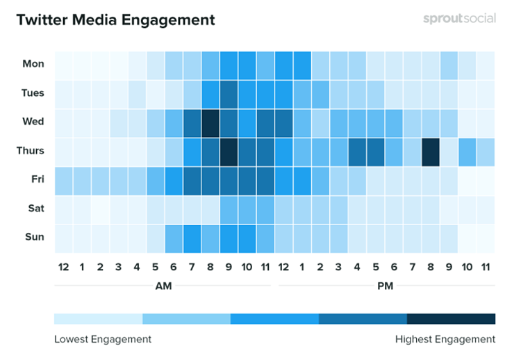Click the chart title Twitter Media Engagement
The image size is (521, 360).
coord(115,19)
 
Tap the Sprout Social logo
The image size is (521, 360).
coord(459,19)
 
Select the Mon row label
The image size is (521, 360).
coord(33,64)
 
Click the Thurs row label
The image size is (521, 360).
coord(31,151)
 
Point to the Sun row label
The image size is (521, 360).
coord(35,237)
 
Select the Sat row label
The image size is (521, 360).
coord(35,208)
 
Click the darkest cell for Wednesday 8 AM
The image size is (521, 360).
coord(210,122)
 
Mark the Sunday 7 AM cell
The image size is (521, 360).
coord(192,238)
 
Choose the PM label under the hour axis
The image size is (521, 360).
coord(386,285)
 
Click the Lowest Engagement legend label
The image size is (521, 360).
coord(102,339)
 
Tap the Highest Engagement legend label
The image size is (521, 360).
coord(445,339)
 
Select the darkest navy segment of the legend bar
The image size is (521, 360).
coord(451,319)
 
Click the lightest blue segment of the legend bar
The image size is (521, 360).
coord(98,319)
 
